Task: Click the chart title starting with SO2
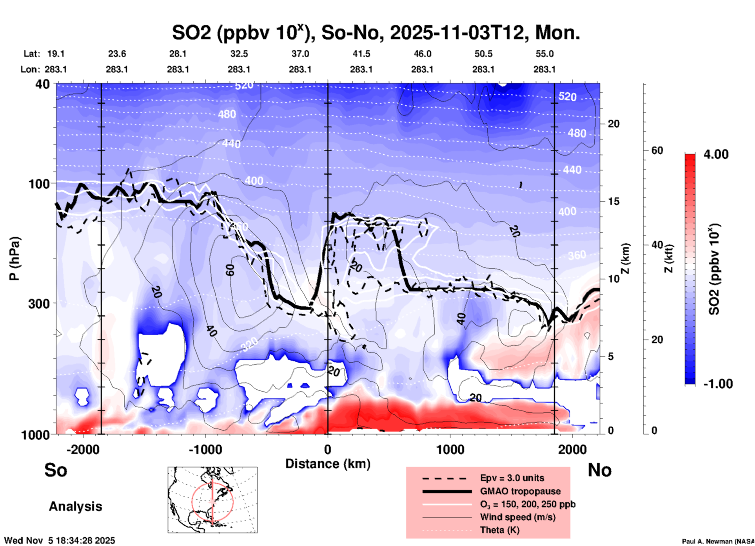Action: [376, 33]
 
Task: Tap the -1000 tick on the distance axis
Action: [205, 449]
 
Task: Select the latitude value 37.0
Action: [300, 54]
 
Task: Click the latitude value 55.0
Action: [544, 54]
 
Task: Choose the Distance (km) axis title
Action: [328, 464]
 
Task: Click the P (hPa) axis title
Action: [14, 259]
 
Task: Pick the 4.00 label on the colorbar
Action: [716, 154]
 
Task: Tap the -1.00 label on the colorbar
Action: [717, 383]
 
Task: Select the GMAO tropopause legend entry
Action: [520, 491]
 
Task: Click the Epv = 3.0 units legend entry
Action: [512, 478]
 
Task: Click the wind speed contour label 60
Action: [230, 270]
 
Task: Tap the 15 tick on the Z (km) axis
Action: [613, 201]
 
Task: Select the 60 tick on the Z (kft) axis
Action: [657, 150]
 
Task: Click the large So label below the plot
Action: [56, 470]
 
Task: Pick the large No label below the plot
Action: [599, 470]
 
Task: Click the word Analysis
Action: [75, 506]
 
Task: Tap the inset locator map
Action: [212, 500]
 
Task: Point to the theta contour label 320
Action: [249, 344]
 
